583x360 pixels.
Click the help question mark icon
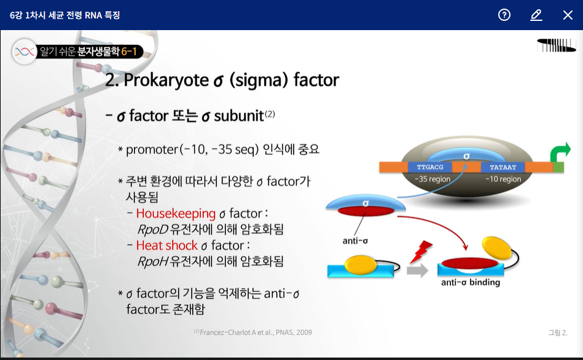504,15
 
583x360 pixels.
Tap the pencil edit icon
536,15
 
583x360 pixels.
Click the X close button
568,15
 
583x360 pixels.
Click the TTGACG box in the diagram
430,167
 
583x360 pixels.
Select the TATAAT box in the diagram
503,167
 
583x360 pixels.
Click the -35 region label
432,179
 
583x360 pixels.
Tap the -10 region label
503,179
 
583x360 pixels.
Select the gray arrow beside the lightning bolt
417,270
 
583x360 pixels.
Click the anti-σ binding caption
471,282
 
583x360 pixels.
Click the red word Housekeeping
176,213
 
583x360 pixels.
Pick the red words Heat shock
167,246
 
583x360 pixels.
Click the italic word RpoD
153,230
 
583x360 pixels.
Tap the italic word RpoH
153,262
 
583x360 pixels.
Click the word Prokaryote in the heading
166,80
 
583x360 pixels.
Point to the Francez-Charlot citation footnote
253,332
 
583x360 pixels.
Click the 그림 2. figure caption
558,332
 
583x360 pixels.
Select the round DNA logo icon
25,52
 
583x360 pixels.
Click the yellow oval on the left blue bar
360,265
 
